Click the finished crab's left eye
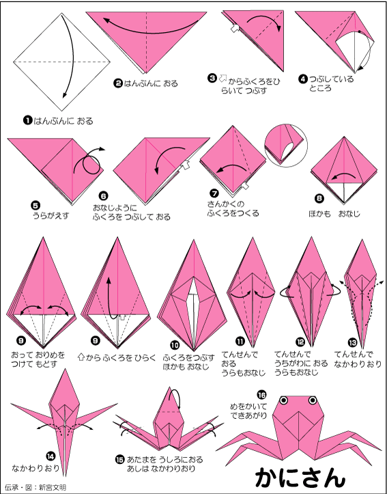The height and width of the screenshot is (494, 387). (284, 400)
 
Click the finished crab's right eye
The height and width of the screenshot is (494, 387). (313, 400)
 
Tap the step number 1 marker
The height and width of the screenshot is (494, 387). (28, 120)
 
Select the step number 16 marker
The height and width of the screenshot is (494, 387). (261, 395)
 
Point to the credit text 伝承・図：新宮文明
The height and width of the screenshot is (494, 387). (35, 487)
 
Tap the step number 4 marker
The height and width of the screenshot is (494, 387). (302, 79)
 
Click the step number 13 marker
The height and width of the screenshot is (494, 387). (352, 342)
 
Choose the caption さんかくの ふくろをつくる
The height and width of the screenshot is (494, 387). (233, 208)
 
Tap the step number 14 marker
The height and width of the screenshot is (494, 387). (51, 456)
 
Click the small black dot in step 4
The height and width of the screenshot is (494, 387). (359, 32)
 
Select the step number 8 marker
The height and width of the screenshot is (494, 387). (318, 198)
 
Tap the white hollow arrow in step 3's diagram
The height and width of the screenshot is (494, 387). (235, 28)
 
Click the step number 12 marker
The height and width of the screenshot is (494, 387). (299, 342)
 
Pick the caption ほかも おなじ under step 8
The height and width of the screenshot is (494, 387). (334, 214)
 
